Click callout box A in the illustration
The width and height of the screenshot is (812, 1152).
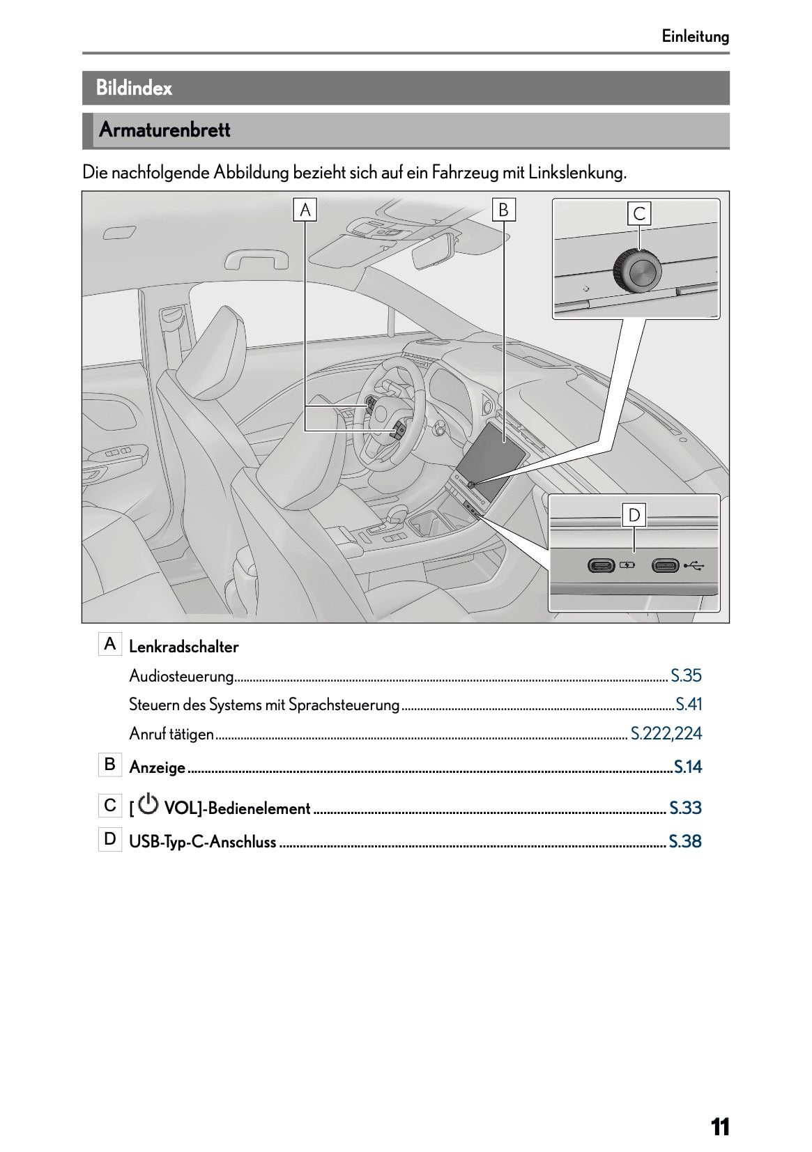(305, 210)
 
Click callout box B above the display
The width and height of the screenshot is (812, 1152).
(503, 210)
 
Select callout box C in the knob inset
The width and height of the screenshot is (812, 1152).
(639, 213)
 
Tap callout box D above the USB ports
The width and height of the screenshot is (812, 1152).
(634, 516)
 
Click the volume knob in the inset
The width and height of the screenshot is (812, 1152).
(636, 271)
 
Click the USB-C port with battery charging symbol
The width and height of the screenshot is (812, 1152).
(601, 565)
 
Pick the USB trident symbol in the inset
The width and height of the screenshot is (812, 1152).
(694, 565)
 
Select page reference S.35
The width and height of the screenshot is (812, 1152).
(686, 675)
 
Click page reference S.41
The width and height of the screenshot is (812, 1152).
(689, 705)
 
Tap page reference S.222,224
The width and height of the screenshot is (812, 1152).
(666, 733)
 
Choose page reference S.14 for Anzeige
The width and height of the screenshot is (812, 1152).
(688, 767)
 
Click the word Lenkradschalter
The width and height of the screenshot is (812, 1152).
(184, 647)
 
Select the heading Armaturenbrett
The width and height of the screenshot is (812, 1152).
(164, 130)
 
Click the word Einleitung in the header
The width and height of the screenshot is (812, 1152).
(695, 36)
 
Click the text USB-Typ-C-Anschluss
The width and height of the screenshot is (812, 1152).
(203, 842)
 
